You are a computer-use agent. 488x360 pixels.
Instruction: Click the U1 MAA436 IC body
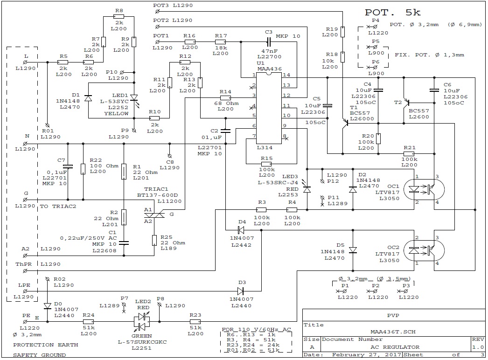(269, 108)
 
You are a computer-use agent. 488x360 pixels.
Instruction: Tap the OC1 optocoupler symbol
(424, 189)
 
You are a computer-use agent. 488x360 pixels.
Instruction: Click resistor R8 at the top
(119, 17)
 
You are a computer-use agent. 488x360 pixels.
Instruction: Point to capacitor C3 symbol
(269, 42)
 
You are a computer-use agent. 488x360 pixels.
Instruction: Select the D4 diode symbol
(241, 230)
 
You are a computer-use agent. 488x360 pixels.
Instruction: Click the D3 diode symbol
(241, 291)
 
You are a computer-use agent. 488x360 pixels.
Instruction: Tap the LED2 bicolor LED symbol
(142, 321)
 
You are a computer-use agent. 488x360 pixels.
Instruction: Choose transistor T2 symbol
(406, 103)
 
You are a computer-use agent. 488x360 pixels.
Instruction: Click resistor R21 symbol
(409, 154)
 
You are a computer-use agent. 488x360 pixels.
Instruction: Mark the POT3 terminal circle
(157, 12)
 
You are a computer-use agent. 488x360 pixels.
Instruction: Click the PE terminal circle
(25, 322)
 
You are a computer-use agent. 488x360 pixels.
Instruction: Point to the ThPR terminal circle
(25, 271)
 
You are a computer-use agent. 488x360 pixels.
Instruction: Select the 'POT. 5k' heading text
(393, 13)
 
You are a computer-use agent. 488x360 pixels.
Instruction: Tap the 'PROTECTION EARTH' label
(45, 345)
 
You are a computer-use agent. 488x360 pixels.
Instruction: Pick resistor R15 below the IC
(266, 164)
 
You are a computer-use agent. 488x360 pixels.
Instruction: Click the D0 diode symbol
(47, 306)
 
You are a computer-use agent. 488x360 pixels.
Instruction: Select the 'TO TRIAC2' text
(58, 206)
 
